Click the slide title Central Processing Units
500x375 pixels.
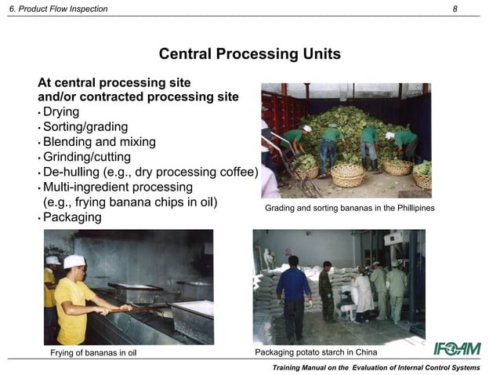tap(249, 54)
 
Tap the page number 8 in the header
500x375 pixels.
tap(455, 9)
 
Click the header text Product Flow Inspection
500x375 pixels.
tap(63, 9)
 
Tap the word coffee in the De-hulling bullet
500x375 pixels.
tap(237, 172)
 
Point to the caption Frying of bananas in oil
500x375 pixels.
tap(93, 352)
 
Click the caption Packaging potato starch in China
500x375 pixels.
tap(318, 352)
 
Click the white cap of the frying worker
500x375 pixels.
tap(74, 261)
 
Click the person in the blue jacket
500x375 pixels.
tap(294, 290)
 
